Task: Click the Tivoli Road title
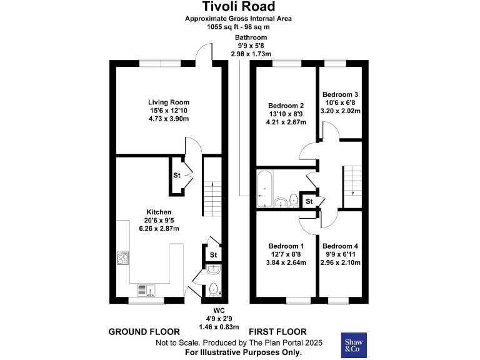[x=238, y=7]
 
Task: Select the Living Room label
[x=168, y=102]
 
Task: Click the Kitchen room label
[x=159, y=212]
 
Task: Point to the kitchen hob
[x=123, y=258]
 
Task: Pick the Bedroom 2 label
[x=286, y=106]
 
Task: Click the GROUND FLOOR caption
[x=144, y=331]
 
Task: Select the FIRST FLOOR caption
[x=277, y=331]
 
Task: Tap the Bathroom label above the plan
[x=251, y=37]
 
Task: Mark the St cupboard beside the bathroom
[x=309, y=201]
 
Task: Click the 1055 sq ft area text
[x=238, y=27]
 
